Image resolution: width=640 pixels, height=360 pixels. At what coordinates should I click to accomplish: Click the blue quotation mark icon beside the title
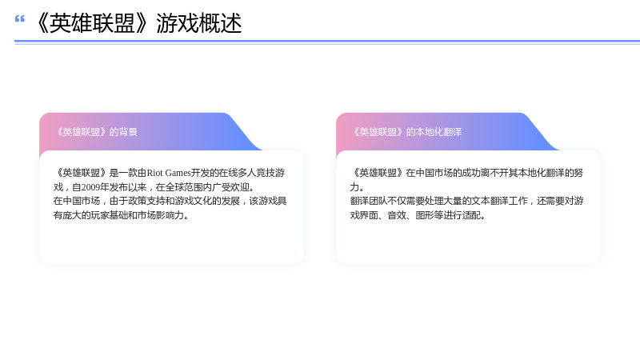pos(19,18)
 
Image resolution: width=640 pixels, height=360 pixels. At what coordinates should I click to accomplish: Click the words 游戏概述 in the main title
pos(199,23)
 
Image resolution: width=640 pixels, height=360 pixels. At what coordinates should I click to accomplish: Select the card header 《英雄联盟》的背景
pos(96,132)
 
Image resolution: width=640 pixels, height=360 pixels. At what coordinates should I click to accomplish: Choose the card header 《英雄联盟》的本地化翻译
pos(407,132)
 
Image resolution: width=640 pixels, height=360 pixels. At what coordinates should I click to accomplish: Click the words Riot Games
pos(169,173)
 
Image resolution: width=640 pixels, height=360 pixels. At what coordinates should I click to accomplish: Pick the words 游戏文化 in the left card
pos(194,202)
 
